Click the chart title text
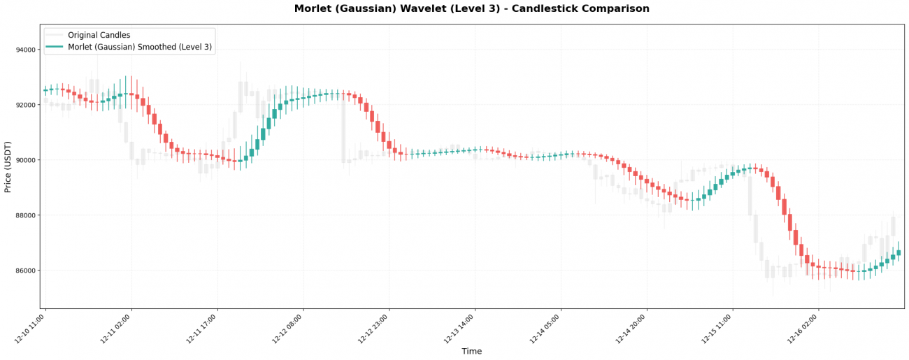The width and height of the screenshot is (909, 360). coord(471,9)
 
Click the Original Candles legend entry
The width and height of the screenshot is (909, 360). coord(99,35)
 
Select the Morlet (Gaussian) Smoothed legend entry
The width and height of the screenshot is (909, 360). coord(140,48)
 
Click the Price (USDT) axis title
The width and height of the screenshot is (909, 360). coord(8,166)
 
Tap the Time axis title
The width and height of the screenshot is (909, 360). coord(471,352)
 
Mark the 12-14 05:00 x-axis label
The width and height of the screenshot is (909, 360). coord(546,329)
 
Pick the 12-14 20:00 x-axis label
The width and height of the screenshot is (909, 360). coord(632,329)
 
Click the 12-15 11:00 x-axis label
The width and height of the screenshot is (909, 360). coord(718,329)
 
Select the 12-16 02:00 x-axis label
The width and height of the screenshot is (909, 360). coord(804,329)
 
